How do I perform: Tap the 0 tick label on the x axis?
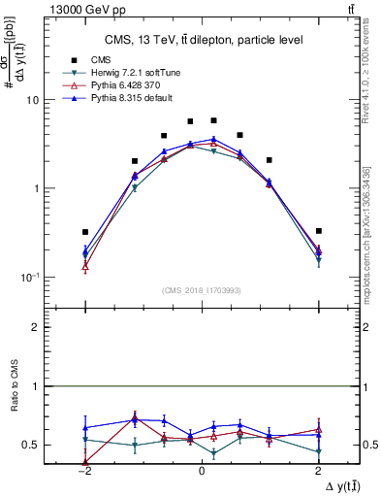(202, 471)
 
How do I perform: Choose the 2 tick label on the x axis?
(318, 471)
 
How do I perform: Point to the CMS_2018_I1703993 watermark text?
(201, 290)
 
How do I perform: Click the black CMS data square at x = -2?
(85, 232)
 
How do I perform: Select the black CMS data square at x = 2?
(318, 231)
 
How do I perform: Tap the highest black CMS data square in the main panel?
(213, 120)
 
